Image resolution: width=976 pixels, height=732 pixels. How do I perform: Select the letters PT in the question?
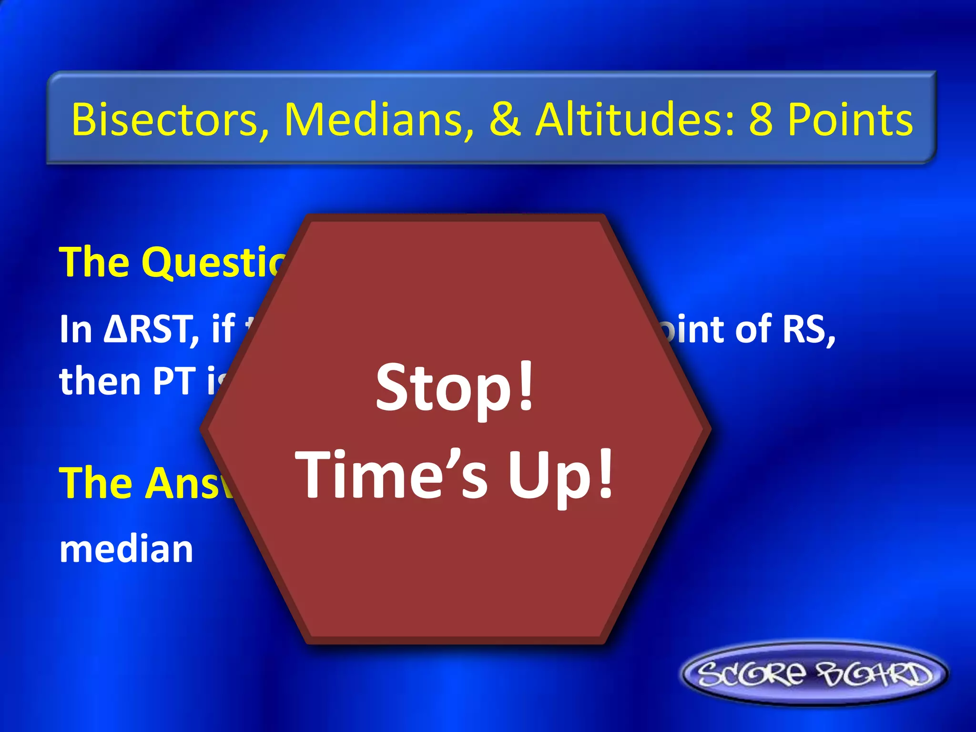pyautogui.click(x=174, y=382)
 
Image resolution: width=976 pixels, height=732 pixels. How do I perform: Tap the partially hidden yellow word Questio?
pyautogui.click(x=214, y=263)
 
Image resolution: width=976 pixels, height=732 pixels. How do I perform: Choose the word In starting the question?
pyautogui.click(x=75, y=330)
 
